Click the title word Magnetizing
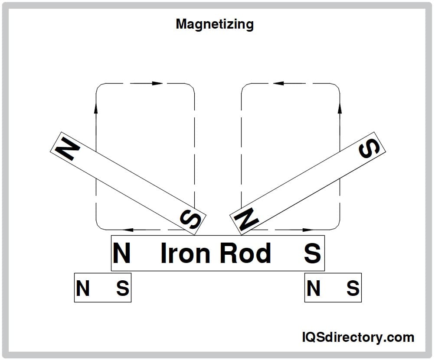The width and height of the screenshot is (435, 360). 214,24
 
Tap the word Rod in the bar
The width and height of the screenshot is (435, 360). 245,253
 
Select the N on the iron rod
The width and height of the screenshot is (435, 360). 121,253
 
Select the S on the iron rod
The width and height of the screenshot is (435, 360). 312,253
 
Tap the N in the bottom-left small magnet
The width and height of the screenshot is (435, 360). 83,289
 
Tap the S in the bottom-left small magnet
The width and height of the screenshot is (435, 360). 122,289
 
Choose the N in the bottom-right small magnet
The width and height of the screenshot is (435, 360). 313,289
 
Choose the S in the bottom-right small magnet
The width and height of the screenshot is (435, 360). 353,289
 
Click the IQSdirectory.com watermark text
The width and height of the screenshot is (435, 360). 357,337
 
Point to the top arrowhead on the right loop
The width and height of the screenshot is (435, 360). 278,83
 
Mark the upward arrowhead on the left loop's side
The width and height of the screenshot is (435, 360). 96,109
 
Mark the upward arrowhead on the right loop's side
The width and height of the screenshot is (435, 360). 340,109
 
